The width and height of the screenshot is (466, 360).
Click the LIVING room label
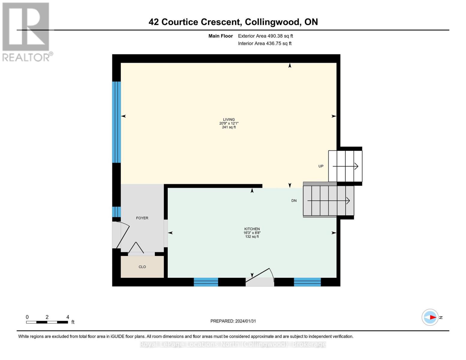click(x=229, y=119)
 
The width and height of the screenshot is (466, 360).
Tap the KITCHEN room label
click(x=252, y=229)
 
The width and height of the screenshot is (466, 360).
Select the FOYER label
click(x=142, y=218)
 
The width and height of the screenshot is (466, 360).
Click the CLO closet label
click(x=142, y=267)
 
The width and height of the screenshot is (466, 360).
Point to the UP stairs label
click(x=321, y=166)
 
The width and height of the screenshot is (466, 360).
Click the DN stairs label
click(x=294, y=201)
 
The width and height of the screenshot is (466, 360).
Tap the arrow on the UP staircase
click(x=345, y=166)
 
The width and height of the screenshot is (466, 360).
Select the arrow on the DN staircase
click(x=329, y=200)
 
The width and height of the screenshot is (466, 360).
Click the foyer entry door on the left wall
click(x=122, y=235)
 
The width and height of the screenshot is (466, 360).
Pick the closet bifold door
click(x=136, y=248)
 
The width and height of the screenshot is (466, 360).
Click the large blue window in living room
click(x=116, y=122)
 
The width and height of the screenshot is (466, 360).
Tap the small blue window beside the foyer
click(x=116, y=212)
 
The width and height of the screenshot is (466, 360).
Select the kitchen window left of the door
click(x=206, y=282)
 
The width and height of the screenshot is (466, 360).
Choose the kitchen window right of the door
click(x=307, y=282)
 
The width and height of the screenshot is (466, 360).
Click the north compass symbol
click(x=430, y=317)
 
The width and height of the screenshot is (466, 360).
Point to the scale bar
click(x=47, y=322)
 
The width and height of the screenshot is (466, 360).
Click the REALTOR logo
click(x=26, y=32)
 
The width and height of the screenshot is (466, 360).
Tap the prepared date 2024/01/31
click(x=233, y=321)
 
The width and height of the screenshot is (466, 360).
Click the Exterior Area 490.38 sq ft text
click(x=265, y=36)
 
